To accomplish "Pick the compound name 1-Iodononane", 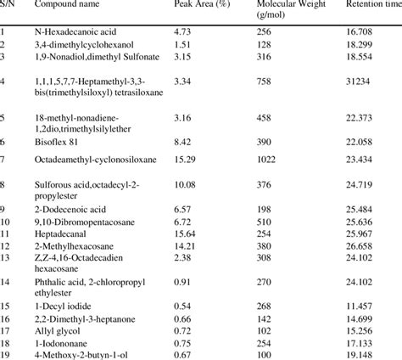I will pos(59,339).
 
